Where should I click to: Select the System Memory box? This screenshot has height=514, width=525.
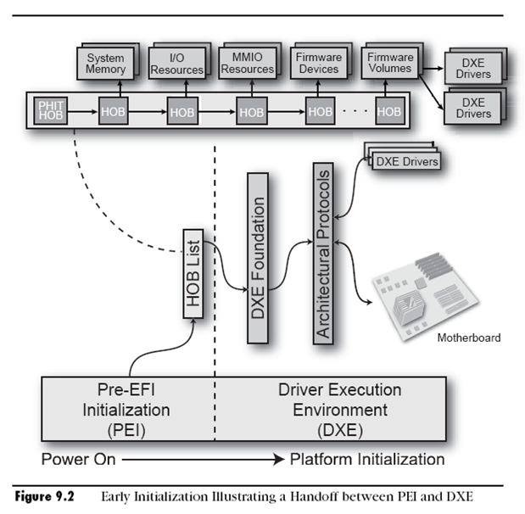105,63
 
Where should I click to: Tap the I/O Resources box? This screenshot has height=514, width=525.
176,63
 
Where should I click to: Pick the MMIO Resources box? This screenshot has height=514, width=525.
248,63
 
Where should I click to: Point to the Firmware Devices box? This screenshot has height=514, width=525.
319,63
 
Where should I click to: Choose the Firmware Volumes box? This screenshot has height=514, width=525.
390,63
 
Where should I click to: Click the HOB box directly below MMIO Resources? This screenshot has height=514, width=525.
251,111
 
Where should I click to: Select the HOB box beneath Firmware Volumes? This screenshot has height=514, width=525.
389,111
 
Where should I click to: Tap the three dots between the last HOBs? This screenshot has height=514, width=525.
355,111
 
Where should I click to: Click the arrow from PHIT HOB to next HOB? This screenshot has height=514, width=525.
80,111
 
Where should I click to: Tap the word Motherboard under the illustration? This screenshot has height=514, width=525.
468,338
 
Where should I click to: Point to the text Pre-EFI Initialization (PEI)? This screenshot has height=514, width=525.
127,410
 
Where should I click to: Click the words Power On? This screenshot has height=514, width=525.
77,459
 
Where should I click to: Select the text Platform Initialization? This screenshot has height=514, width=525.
366,459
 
